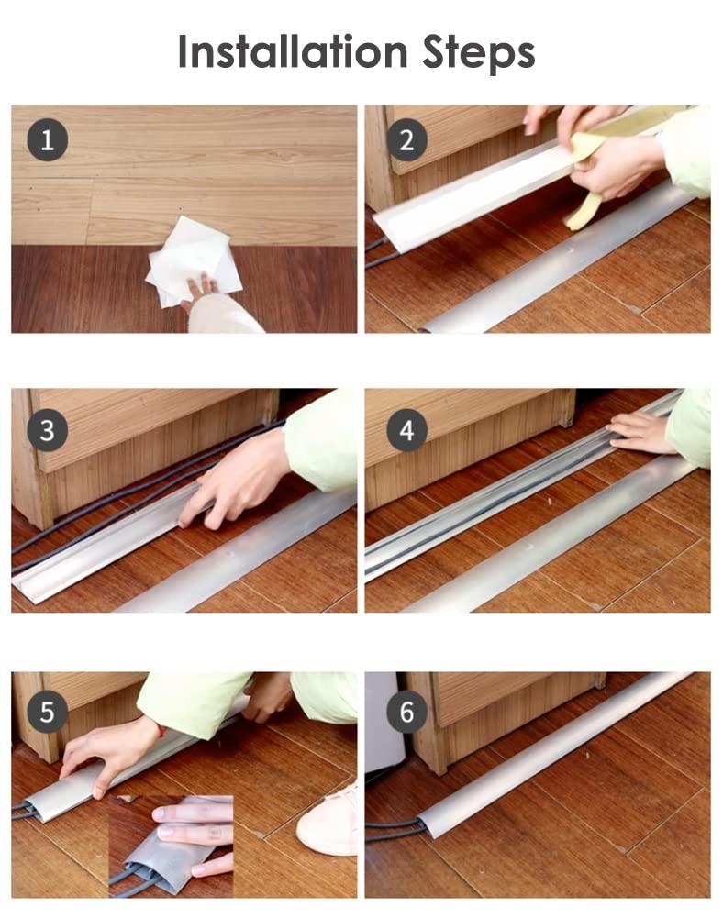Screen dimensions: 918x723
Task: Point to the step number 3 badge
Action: [47, 428]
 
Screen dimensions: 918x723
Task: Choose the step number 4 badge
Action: [406, 428]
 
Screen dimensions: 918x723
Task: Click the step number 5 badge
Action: [47, 711]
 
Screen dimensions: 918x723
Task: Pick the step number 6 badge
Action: [406, 711]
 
